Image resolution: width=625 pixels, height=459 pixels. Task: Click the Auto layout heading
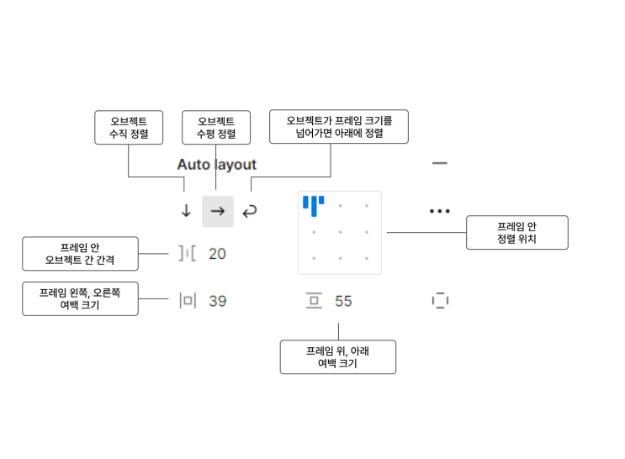click(216, 165)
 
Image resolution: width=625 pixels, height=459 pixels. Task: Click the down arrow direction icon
click(187, 211)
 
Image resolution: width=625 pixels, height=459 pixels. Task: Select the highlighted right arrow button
click(218, 211)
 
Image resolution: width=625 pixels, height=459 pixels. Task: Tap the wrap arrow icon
click(250, 211)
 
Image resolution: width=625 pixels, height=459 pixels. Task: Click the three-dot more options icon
click(440, 211)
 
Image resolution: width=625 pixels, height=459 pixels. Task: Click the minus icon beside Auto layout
click(440, 163)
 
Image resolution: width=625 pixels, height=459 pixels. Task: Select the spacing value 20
click(217, 253)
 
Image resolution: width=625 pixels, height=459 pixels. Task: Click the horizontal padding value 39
click(217, 301)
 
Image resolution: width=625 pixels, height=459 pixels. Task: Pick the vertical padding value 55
click(343, 301)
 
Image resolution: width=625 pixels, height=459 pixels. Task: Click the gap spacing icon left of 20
click(187, 253)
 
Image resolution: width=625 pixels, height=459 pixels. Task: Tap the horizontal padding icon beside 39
click(187, 301)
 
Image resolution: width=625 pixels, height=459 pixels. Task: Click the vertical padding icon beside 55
click(315, 301)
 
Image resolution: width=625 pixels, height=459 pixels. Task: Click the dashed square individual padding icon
click(440, 301)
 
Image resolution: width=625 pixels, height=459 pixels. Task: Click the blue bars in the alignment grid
click(314, 205)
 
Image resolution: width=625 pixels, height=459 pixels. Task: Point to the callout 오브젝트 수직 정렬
click(128, 128)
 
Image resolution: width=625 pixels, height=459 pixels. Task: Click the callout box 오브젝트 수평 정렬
click(215, 128)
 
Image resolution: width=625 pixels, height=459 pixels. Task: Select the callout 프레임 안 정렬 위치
click(516, 232)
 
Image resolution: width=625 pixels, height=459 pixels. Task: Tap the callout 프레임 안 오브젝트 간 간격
click(80, 253)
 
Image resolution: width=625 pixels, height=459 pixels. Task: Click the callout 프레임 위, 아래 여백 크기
click(337, 356)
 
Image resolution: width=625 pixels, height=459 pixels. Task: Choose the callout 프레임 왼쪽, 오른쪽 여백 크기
click(80, 298)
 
